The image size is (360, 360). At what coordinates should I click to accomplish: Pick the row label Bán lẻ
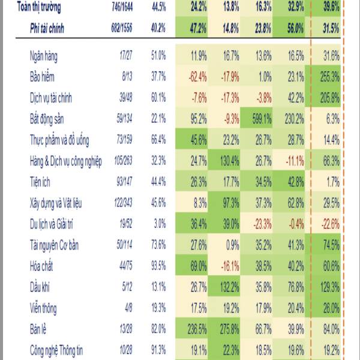(x=39, y=329)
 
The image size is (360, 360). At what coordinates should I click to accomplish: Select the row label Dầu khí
(x=40, y=287)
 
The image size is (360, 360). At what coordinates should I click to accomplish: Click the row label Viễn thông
(x=43, y=308)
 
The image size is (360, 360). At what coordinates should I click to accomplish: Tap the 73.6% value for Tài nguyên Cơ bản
(x=158, y=245)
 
